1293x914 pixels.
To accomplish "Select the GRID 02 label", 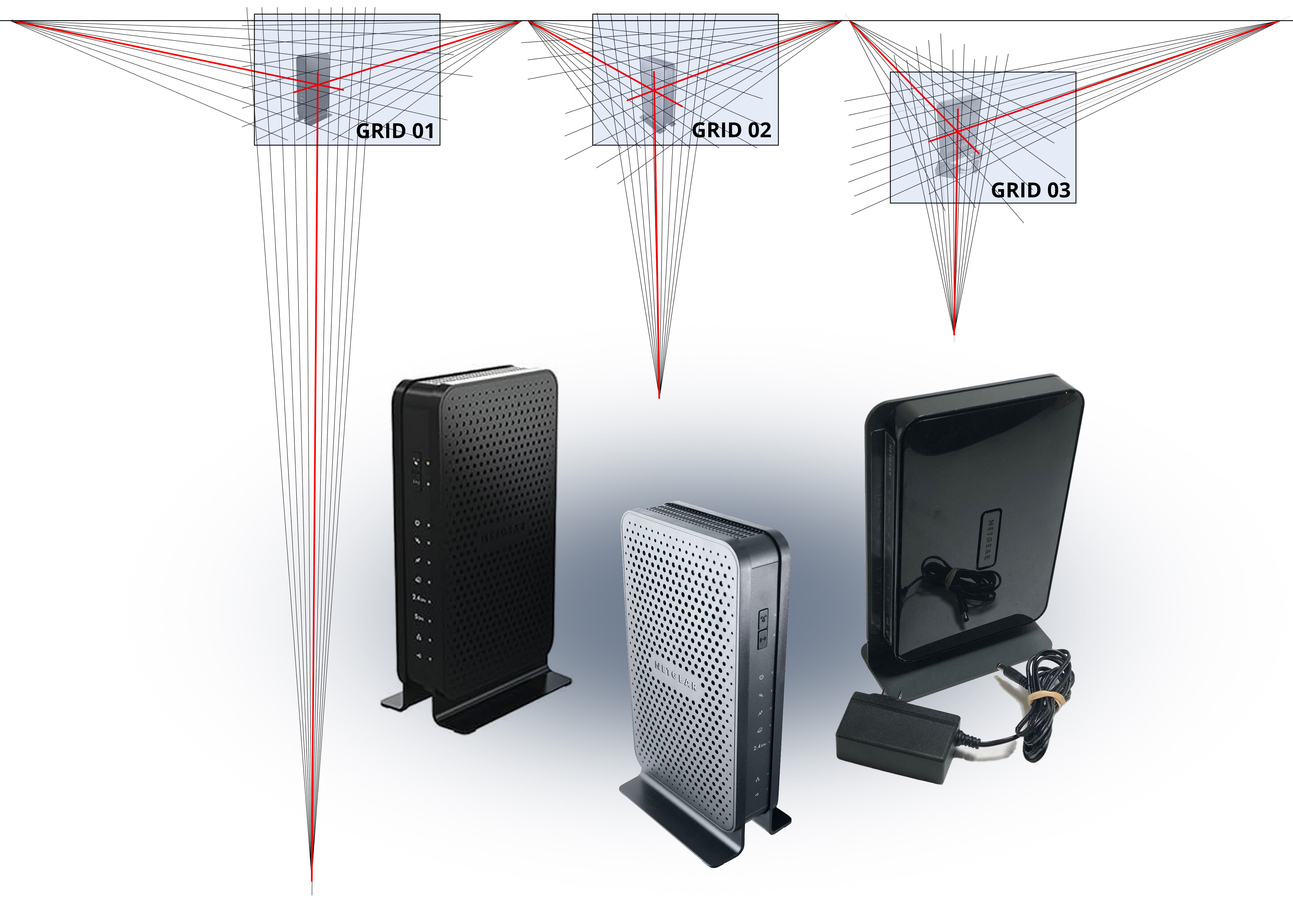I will pyautogui.click(x=731, y=130).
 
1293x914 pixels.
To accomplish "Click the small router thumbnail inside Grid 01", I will pyautogui.click(x=313, y=87).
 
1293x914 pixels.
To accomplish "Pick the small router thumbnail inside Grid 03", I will pyautogui.click(x=957, y=135).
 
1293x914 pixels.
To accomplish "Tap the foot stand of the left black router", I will pyautogui.click(x=479, y=704).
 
